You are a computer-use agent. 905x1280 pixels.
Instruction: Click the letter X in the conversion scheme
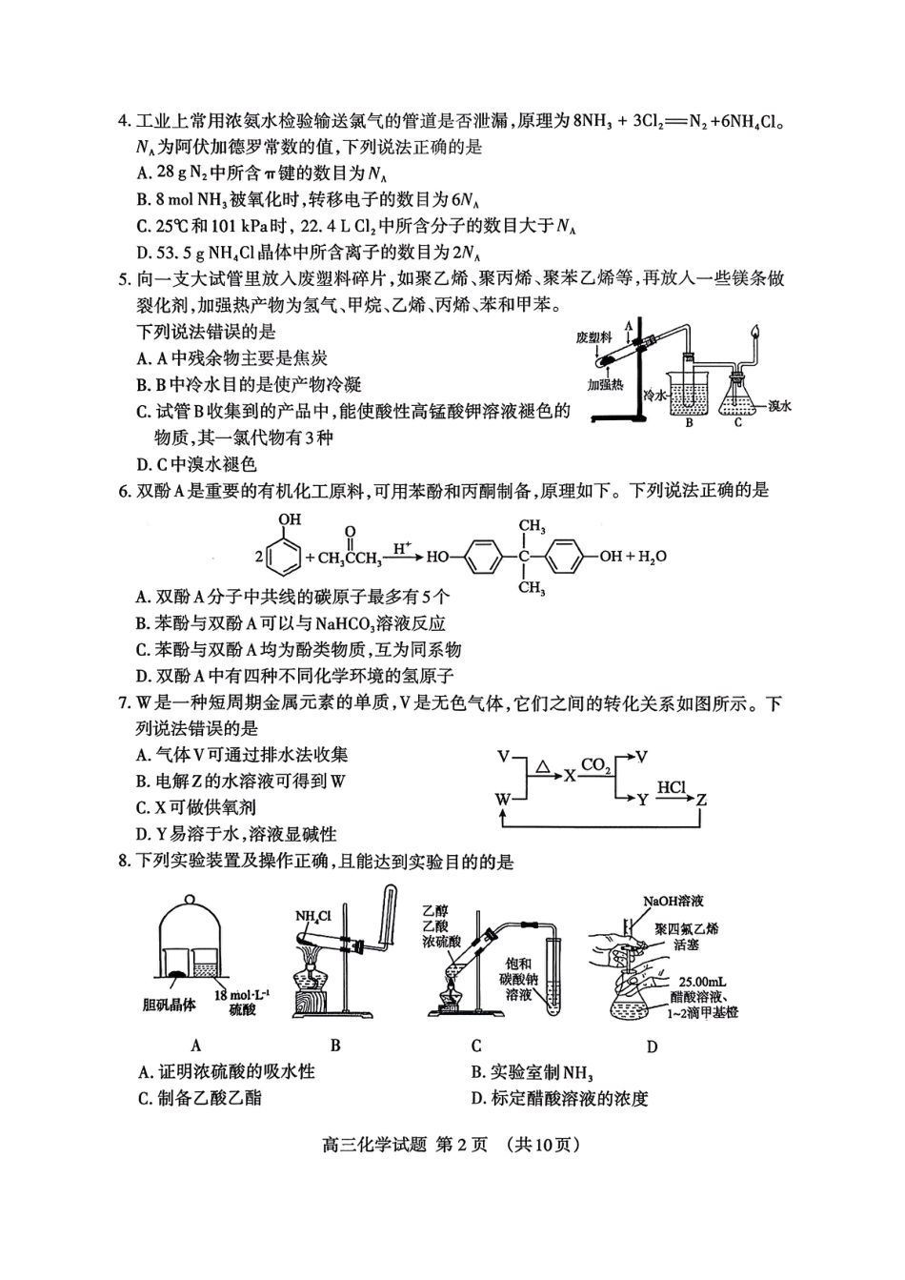[570, 776]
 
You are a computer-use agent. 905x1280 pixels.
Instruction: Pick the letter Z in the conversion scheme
[700, 801]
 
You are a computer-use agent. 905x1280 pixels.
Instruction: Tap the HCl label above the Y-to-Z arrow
[671, 787]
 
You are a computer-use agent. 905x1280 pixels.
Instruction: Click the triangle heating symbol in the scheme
[542, 764]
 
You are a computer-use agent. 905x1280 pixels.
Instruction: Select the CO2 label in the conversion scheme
[595, 764]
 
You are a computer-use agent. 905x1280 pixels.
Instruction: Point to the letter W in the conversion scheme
[502, 800]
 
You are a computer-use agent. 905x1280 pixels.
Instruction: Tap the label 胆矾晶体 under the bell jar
[170, 1005]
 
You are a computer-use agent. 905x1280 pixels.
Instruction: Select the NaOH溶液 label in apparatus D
[674, 901]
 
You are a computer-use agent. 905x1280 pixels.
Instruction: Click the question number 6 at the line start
[123, 491]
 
